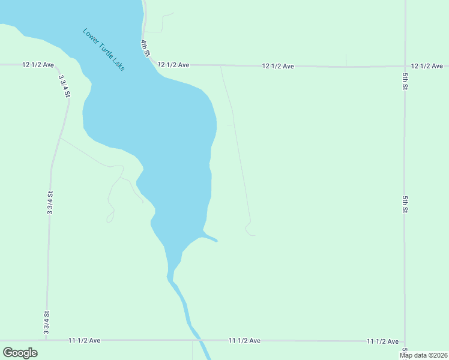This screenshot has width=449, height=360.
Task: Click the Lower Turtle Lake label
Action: click(104, 50)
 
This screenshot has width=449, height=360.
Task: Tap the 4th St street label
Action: click(145, 48)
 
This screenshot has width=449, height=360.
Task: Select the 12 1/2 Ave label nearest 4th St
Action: click(173, 64)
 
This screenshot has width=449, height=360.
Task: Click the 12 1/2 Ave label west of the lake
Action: click(38, 64)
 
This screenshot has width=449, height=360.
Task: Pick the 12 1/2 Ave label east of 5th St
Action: click(427, 65)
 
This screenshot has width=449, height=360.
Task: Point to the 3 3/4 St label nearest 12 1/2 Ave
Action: click(64, 86)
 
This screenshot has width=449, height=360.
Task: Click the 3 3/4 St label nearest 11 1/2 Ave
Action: click(46, 322)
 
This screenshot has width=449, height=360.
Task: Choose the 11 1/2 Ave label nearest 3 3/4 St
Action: click(84, 340)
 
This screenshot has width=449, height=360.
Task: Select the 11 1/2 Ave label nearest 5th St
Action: click(383, 341)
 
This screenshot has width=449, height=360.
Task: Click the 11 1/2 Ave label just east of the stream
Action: click(244, 340)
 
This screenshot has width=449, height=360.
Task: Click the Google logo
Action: click(20, 352)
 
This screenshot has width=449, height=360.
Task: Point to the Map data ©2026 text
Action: click(423, 355)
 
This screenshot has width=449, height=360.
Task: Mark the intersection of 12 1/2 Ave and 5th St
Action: click(405, 65)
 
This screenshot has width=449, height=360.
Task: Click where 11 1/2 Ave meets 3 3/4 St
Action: click(46, 340)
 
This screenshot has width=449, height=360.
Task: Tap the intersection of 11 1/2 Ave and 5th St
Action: click(405, 341)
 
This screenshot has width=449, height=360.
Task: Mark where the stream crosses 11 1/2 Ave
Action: click(197, 340)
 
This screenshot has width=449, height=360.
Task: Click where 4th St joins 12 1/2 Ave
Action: click(151, 64)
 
